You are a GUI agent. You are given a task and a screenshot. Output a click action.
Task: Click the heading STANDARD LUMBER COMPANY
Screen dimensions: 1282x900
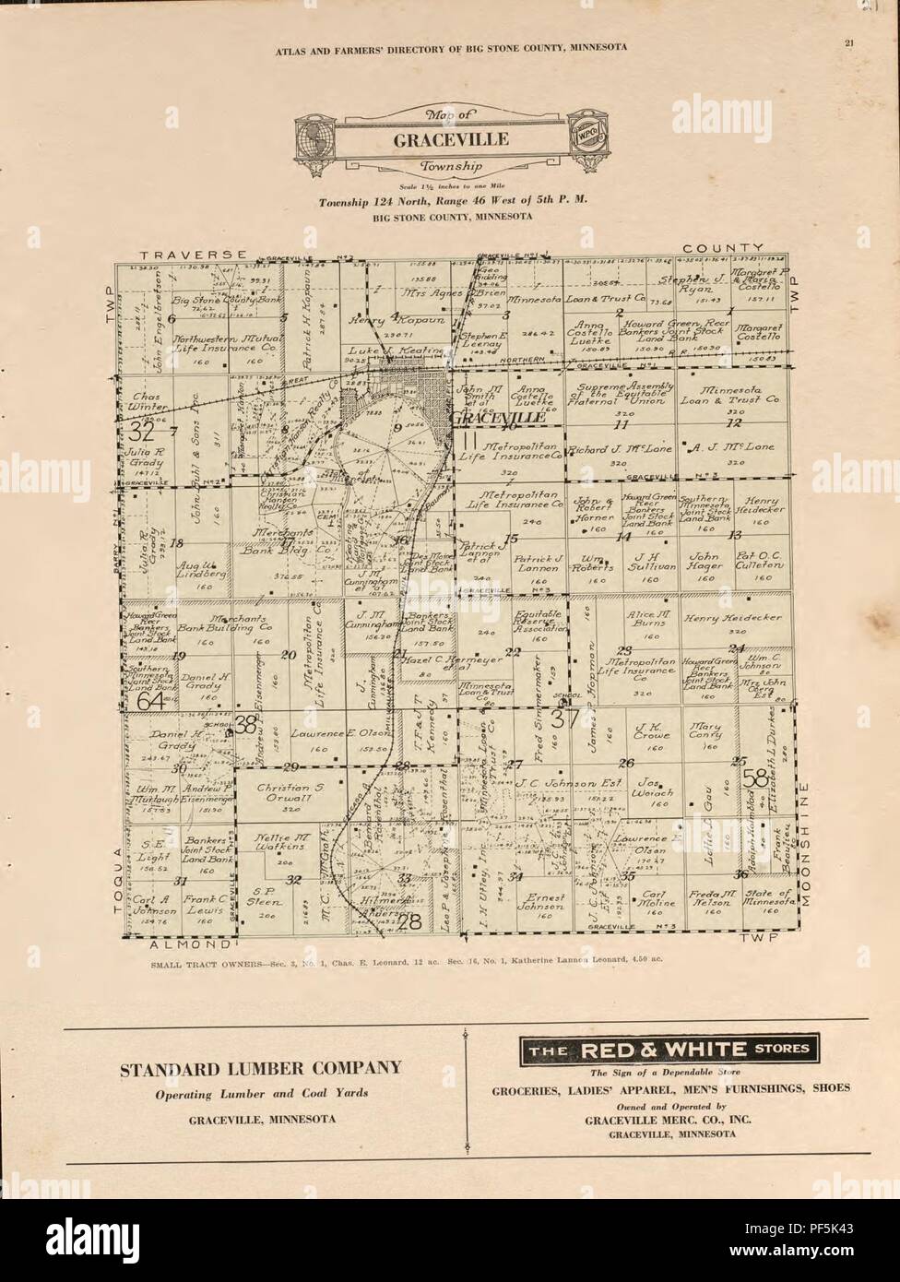point(261,1069)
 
